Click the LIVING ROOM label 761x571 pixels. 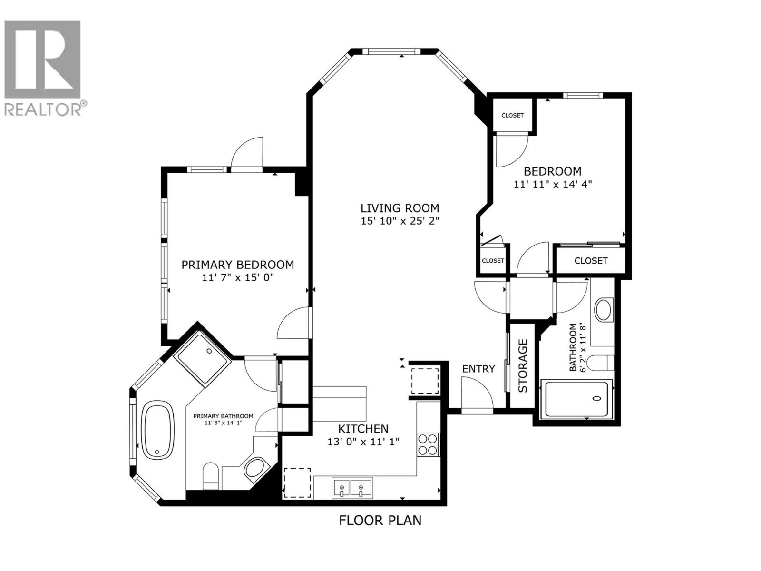pos(400,208)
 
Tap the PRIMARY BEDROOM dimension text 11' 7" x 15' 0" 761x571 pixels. pos(238,277)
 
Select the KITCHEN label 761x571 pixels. pos(363,428)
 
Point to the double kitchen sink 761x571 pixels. pos(352,487)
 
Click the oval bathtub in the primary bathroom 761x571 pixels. pos(158,430)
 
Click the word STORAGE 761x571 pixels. pos(523,365)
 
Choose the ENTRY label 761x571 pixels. pos(478,369)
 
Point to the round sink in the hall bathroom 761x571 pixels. pos(604,309)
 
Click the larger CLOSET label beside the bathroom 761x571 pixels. pos(591,261)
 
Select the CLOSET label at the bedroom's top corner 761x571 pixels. pos(512,116)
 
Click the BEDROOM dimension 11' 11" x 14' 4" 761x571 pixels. pos(552,184)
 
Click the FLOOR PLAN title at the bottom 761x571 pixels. pos(380,520)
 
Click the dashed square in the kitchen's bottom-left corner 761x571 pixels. pos(298,482)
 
